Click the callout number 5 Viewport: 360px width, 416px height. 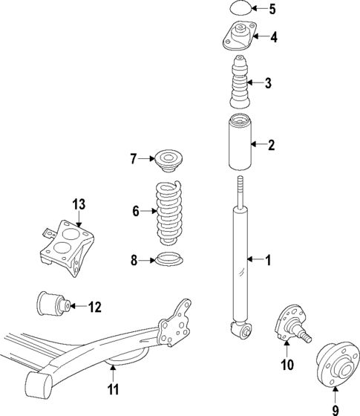pyautogui.click(x=272, y=10)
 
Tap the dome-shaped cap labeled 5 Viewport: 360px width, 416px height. pyautogui.click(x=240, y=10)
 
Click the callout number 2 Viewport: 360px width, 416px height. pyautogui.click(x=272, y=145)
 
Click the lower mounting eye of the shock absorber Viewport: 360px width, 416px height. pyautogui.click(x=239, y=328)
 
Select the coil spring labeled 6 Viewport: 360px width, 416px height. pyautogui.click(x=168, y=215)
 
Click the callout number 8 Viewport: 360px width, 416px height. pyautogui.click(x=134, y=260)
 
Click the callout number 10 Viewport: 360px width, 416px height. pyautogui.click(x=287, y=365)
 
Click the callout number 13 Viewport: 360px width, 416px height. pyautogui.click(x=79, y=204)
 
